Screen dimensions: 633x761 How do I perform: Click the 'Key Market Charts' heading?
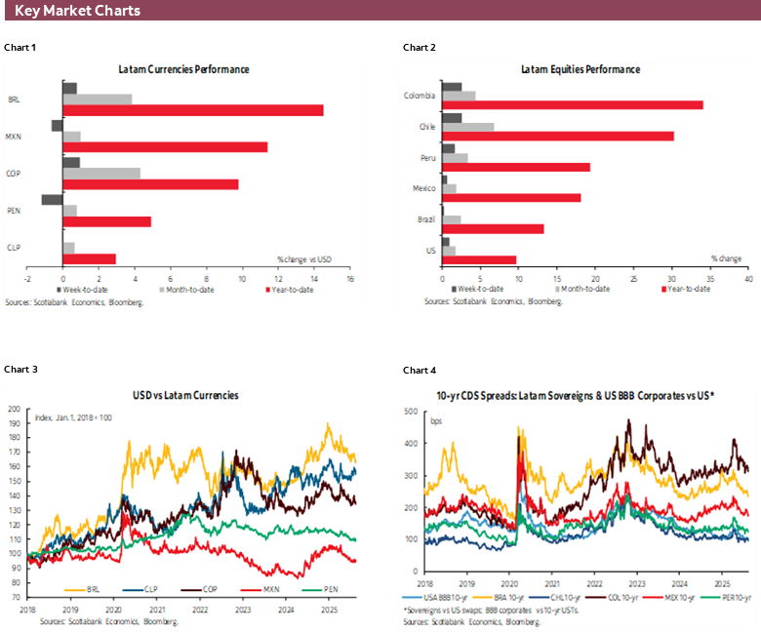[x=77, y=11]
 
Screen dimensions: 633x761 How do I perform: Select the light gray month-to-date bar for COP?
[x=101, y=173]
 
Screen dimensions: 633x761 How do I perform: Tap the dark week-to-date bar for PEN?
[x=52, y=199]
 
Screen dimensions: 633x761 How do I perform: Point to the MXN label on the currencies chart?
[x=15, y=137]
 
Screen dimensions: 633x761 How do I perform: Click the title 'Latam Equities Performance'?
[x=580, y=69]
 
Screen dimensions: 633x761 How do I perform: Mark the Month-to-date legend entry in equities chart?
[x=583, y=289]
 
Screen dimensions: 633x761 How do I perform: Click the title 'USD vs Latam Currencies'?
[x=185, y=395]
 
